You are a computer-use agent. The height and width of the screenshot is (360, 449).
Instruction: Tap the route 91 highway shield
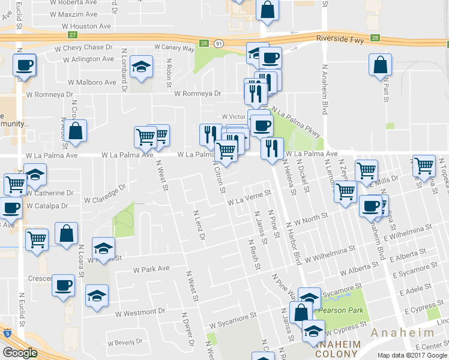click(x=220, y=43)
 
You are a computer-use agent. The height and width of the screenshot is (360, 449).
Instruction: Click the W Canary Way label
click(x=174, y=47)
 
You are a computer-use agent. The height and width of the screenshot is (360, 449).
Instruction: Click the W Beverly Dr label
click(x=124, y=343)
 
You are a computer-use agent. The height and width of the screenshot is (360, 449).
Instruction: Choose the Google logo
click(x=19, y=353)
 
